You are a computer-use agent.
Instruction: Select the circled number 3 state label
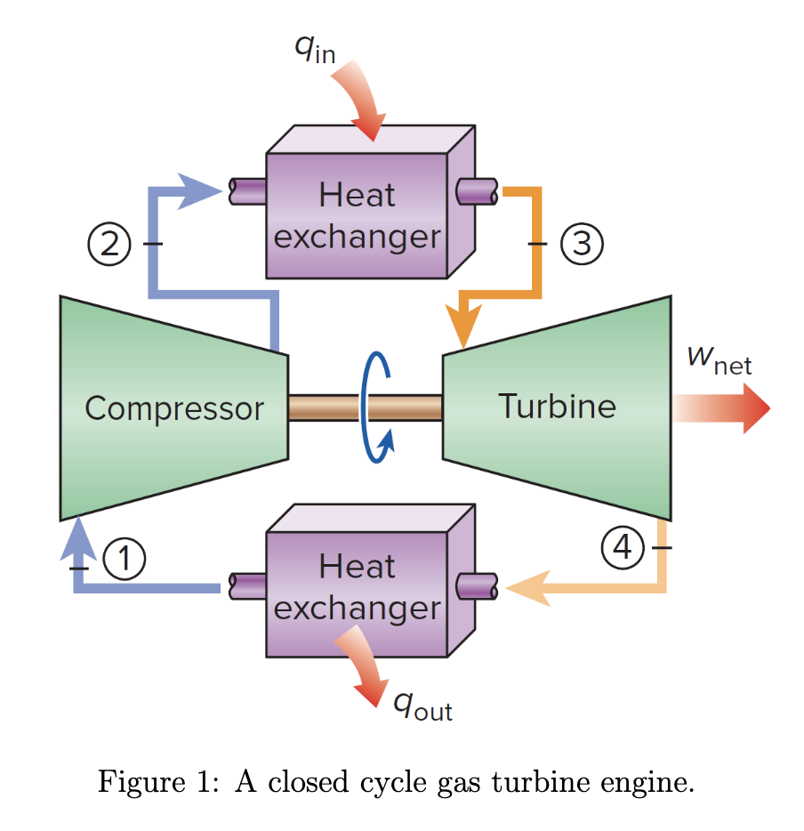[x=582, y=242]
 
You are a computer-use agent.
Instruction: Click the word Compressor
[x=174, y=408]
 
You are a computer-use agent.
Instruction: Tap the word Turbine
[x=557, y=406]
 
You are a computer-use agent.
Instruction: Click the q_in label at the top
[x=314, y=50]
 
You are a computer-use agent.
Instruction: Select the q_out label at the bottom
[x=422, y=705]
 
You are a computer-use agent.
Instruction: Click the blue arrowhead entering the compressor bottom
[x=79, y=538]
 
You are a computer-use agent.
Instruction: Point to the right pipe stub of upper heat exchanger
[x=476, y=190]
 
